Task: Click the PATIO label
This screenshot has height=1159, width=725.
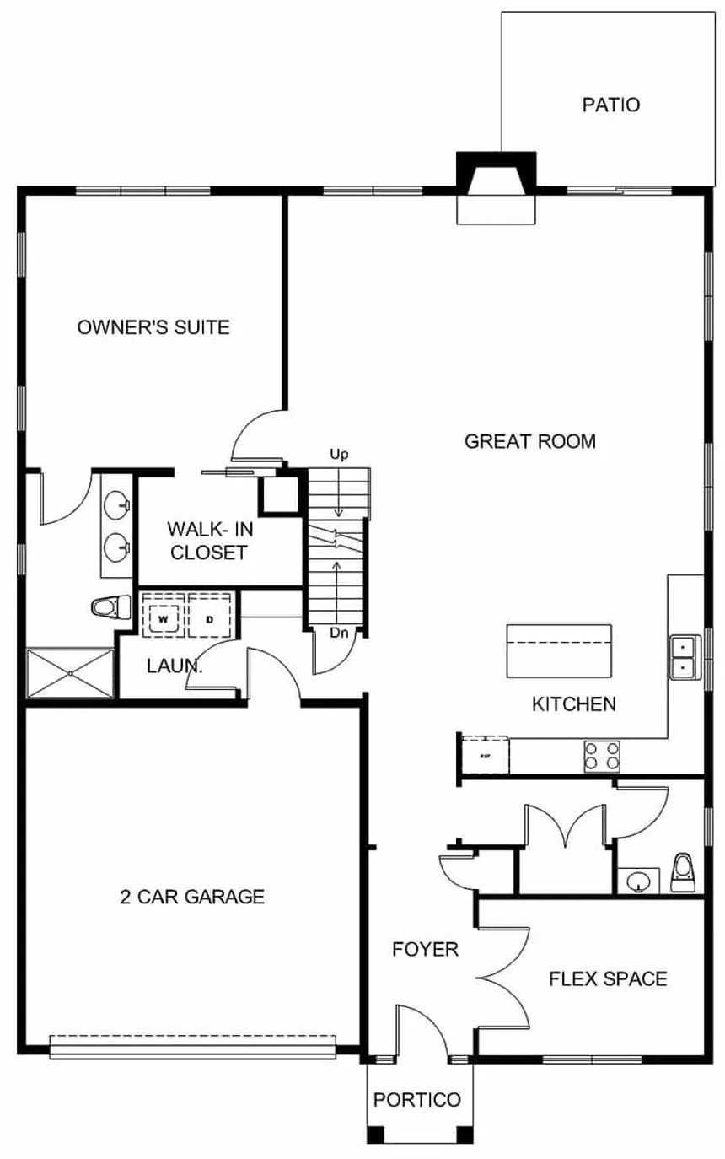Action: [611, 105]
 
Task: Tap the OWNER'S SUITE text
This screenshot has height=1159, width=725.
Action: [153, 327]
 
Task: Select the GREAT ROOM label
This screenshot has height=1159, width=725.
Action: [530, 441]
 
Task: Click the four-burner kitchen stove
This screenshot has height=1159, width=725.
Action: [602, 755]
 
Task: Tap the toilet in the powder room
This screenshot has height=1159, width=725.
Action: [683, 872]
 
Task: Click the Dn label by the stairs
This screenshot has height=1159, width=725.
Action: [339, 633]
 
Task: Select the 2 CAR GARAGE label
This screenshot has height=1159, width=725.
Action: [192, 897]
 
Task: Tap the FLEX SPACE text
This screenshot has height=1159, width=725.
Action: [608, 978]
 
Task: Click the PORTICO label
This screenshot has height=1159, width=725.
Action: [417, 1100]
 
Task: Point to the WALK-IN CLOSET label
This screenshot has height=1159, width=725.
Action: [207, 541]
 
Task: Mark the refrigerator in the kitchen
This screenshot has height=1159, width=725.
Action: [485, 753]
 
